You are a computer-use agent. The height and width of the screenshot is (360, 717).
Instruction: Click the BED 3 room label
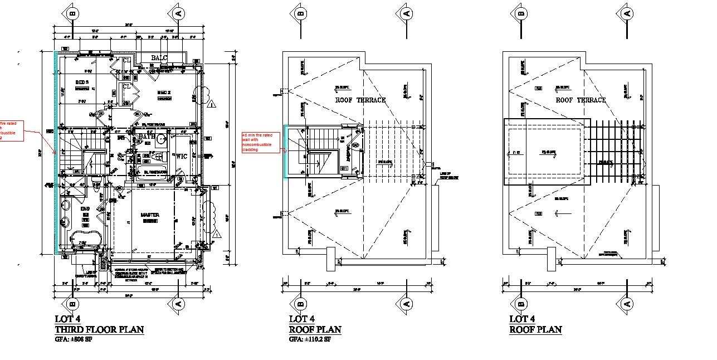click(82, 82)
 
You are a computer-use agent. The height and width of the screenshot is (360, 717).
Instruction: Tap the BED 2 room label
click(164, 93)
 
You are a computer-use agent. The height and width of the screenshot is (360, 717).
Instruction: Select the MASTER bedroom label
click(150, 215)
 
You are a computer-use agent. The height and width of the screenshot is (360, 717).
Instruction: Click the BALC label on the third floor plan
click(159, 58)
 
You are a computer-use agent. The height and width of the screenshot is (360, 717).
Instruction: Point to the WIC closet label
click(182, 157)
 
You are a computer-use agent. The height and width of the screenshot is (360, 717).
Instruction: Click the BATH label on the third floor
click(147, 137)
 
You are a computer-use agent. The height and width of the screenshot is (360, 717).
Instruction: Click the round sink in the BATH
click(163, 139)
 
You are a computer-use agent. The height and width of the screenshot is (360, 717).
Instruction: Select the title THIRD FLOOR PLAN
click(99, 329)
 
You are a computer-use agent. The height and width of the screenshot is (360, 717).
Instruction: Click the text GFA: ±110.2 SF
click(310, 339)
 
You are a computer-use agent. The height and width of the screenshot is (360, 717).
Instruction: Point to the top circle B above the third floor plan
click(72, 12)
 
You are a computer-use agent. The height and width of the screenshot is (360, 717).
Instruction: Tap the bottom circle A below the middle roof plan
click(406, 304)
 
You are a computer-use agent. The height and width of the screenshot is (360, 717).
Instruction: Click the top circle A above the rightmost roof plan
click(627, 12)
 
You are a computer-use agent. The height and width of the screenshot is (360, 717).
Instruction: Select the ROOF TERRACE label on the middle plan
click(360, 100)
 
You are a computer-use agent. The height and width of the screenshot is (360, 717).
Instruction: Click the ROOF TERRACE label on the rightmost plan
click(581, 100)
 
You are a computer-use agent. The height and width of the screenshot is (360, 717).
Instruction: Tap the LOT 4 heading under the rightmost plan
click(522, 319)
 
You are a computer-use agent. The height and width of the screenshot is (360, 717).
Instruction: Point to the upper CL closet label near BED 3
click(127, 60)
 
